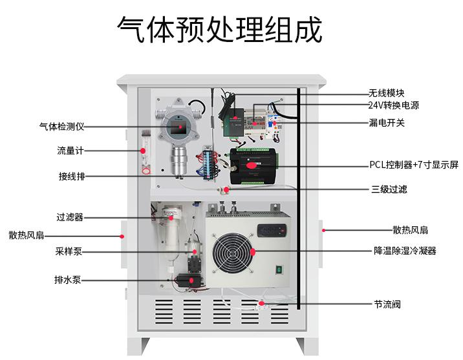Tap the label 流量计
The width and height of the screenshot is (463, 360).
[70, 151]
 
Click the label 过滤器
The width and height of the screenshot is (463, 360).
[69, 217]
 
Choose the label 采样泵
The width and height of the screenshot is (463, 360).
[68, 251]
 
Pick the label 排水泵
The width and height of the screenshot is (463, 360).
[67, 281]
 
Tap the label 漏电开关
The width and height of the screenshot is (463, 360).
[387, 122]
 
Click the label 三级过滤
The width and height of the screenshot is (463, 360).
[389, 189]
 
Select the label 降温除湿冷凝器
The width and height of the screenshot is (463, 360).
[405, 251]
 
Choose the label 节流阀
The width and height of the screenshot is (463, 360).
[387, 304]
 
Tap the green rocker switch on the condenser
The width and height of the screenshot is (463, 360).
[281, 270]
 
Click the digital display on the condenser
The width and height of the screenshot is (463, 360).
[270, 229]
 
